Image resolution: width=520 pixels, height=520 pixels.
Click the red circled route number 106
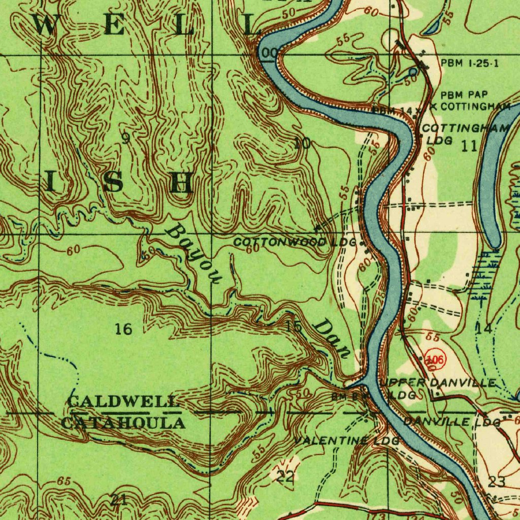tap(435, 359)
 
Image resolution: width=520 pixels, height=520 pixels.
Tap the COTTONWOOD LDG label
tap(295, 242)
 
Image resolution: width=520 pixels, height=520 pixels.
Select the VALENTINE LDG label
tap(347, 440)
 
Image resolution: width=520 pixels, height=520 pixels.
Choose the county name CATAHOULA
tap(123, 423)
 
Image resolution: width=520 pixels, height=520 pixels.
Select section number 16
tap(123, 330)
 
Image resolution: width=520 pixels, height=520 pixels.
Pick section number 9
tap(125, 139)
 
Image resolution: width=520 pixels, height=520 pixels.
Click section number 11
tap(469, 146)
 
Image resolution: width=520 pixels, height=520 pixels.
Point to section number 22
tap(285, 476)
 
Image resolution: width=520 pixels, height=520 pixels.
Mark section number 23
tap(496, 481)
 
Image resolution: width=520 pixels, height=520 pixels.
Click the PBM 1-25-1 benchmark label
tap(469, 63)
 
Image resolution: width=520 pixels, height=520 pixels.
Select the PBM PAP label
tap(463, 94)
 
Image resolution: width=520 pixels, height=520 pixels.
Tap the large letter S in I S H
tap(113, 182)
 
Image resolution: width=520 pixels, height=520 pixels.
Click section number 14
tap(483, 329)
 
